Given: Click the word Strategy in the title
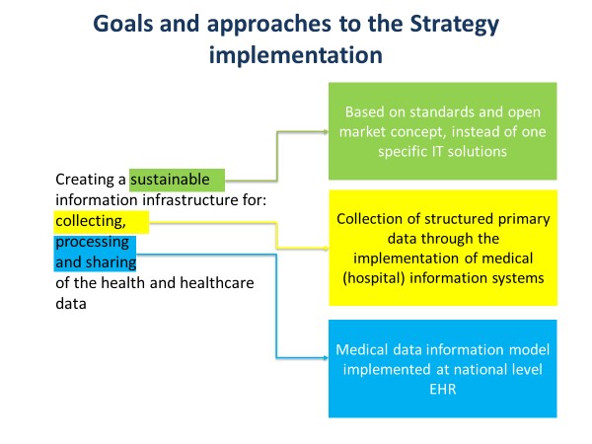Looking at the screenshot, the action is [454, 25].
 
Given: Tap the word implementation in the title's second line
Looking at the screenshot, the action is [296, 55].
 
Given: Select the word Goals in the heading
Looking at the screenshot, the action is [123, 23].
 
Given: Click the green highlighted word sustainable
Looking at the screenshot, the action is [170, 180].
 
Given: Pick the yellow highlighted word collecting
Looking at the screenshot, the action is [91, 221].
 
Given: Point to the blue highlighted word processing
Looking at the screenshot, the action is [92, 243].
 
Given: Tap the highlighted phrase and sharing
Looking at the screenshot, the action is [96, 262].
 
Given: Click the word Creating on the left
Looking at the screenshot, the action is [85, 180].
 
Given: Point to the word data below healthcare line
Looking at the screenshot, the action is [71, 304].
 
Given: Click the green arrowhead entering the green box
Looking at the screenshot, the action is [326, 132].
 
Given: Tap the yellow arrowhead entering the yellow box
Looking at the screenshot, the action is [326, 249].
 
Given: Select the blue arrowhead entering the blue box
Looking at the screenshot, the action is [326, 357].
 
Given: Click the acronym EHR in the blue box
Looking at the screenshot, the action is [443, 390].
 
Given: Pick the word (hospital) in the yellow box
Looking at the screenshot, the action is [373, 278].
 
